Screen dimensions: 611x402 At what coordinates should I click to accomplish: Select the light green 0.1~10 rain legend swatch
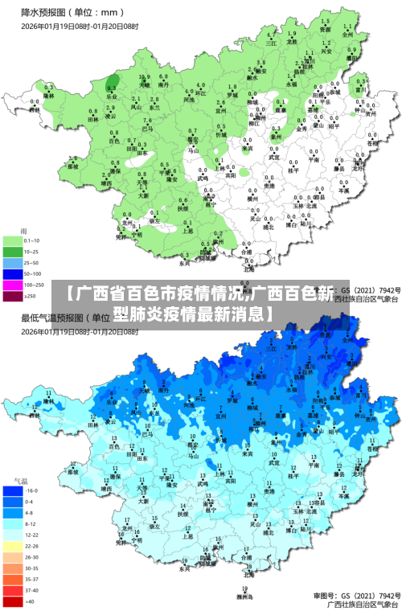point(13,240)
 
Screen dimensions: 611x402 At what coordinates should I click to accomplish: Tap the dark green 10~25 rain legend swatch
point(13,252)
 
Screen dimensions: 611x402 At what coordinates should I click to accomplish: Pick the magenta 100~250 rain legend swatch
point(13,285)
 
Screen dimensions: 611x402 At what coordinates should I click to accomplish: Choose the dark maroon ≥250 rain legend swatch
point(13,296)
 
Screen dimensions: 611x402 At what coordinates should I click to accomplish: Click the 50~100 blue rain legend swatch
point(13,273)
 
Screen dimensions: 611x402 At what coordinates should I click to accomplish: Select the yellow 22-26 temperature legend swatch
point(13,546)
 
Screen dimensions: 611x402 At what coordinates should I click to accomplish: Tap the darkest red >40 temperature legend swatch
point(13,601)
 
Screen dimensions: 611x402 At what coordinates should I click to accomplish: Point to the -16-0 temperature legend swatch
point(13,490)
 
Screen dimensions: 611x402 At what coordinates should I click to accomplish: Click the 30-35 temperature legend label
point(31,568)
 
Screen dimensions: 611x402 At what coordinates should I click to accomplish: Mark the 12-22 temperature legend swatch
point(13,535)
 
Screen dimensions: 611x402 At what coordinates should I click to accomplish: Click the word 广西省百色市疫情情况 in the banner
point(153,293)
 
